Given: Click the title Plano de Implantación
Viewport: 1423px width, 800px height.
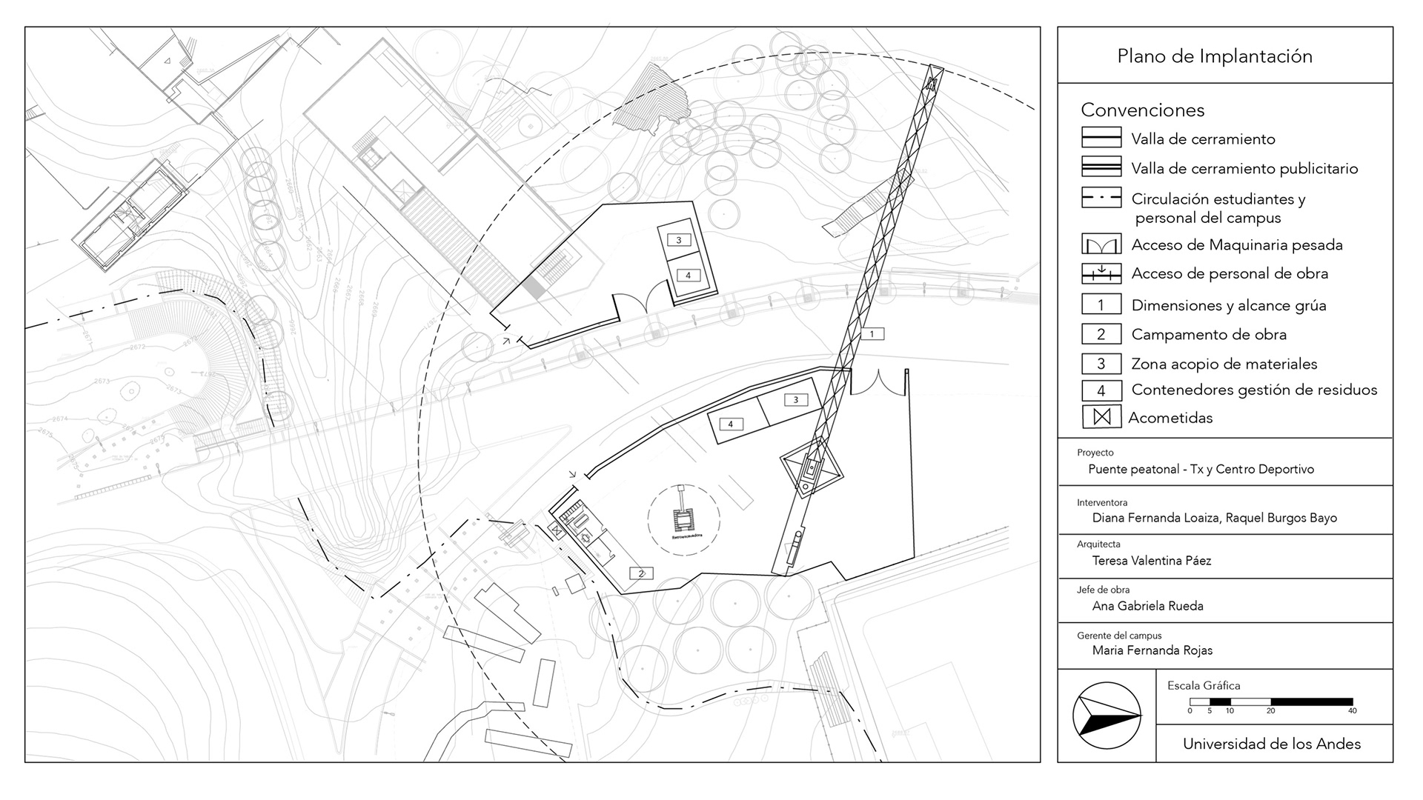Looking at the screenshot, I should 1215,56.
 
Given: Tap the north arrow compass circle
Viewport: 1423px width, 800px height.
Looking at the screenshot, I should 1107,716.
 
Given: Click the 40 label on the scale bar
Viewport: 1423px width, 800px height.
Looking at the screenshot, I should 1352,711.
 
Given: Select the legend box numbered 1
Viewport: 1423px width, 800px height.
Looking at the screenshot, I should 1101,305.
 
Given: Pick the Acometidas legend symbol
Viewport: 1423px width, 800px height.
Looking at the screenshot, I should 1101,417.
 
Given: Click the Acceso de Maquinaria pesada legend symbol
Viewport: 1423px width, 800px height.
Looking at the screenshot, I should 1101,245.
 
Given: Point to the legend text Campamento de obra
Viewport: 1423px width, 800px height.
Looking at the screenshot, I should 1209,335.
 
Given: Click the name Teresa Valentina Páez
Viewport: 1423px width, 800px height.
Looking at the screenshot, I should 1152,561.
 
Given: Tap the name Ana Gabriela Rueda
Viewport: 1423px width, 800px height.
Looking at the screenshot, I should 1147,606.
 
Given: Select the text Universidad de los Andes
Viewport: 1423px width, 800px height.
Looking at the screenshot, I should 1272,744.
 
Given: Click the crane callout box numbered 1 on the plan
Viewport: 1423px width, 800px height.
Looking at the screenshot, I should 872,334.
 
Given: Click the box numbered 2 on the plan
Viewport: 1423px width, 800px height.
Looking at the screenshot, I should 642,573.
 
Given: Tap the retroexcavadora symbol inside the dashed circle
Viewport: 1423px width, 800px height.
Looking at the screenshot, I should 683,517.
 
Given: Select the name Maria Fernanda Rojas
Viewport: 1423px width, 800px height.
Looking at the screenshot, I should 1152,650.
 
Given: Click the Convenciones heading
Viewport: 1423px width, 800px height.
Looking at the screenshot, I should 1142,110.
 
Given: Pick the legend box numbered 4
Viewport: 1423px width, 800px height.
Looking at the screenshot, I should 1101,390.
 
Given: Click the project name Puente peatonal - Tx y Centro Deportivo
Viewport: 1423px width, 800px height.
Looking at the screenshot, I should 1201,469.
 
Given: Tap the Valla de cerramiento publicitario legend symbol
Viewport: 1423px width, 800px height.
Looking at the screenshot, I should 1101,168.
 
